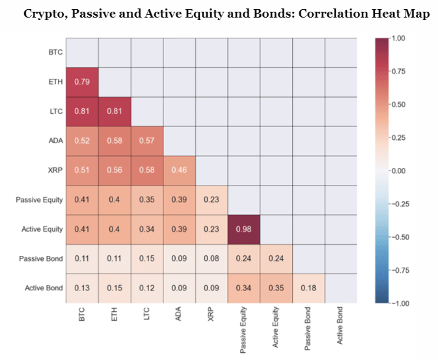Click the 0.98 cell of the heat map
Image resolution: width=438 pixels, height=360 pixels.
(x=244, y=229)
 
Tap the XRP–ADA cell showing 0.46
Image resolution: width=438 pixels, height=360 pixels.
(x=179, y=171)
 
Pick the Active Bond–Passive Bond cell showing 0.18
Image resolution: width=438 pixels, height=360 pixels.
(x=308, y=288)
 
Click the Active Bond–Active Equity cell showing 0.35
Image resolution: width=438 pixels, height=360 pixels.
(x=277, y=288)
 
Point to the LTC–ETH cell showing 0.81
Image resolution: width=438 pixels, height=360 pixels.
(x=115, y=111)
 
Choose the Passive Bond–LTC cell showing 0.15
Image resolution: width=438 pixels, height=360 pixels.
(x=147, y=258)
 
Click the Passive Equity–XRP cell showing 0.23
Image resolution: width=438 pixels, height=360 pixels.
(x=212, y=200)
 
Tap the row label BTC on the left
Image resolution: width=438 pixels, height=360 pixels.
(x=55, y=53)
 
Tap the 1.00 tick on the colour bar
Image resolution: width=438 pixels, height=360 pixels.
(x=398, y=38)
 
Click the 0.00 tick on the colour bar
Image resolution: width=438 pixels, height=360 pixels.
(x=398, y=171)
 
